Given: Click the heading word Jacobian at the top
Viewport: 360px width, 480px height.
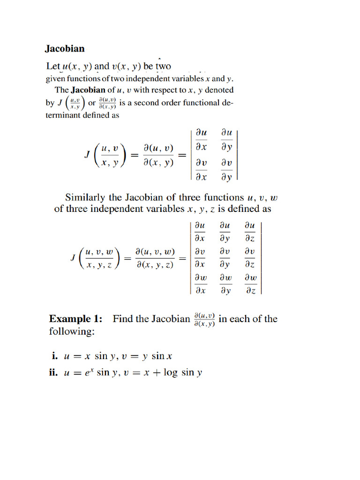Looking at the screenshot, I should tap(65, 48).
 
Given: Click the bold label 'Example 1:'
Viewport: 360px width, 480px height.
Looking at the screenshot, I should tap(75, 319).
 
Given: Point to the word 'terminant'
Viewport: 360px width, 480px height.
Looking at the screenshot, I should tap(64, 115).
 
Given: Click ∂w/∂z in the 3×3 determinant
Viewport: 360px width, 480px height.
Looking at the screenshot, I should tap(250, 284).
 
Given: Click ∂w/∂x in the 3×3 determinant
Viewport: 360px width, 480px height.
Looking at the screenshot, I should tap(200, 284).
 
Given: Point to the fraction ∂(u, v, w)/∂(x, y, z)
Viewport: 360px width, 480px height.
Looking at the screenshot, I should tap(155, 258).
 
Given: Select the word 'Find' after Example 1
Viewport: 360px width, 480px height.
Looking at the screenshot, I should tap(123, 319).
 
